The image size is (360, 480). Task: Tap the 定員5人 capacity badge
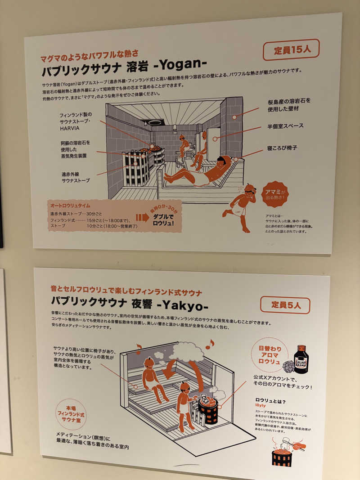click(285, 305)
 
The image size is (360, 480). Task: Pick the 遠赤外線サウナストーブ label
click(76, 177)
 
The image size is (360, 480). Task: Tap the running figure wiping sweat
click(240, 206)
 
